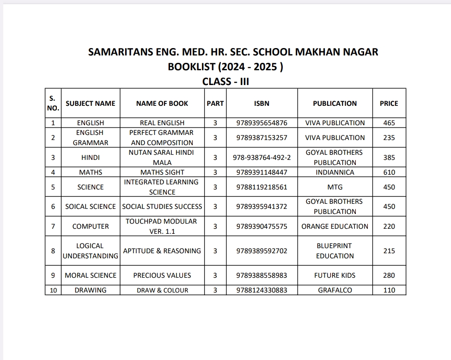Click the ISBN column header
(262, 104)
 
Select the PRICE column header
(389, 104)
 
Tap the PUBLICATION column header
(335, 104)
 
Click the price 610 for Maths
(389, 172)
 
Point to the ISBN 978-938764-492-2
(262, 158)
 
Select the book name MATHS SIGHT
(162, 172)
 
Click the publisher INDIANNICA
(335, 172)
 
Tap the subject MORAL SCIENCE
(91, 275)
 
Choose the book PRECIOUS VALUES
(162, 275)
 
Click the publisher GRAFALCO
(335, 290)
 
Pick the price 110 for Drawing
(389, 290)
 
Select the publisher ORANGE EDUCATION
(335, 226)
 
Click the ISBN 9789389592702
(262, 251)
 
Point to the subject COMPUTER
(91, 226)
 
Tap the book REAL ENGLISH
(162, 123)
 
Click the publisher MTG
(335, 187)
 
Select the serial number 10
(53, 290)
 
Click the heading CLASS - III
(225, 82)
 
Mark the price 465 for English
(389, 123)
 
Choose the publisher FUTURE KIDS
(335, 275)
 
